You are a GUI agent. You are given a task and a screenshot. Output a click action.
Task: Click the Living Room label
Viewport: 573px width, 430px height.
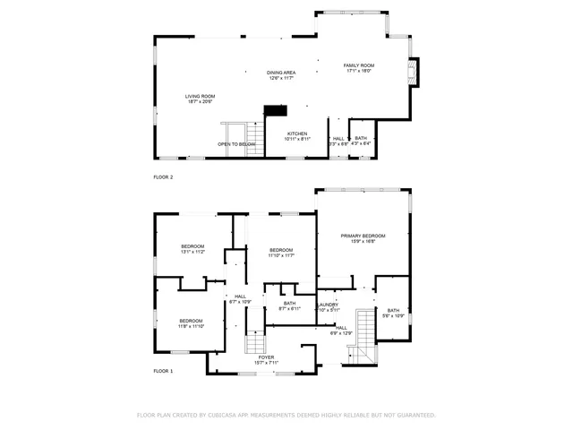(200, 99)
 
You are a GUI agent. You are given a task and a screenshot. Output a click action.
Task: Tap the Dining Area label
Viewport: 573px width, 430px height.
(281, 75)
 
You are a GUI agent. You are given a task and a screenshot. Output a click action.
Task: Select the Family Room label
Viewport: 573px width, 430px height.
(359, 68)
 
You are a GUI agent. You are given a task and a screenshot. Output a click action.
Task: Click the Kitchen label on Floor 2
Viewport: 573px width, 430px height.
(297, 136)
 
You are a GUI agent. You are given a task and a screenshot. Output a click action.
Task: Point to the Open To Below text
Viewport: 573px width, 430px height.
(236, 144)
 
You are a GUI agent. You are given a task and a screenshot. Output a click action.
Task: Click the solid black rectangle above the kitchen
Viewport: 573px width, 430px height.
(275, 110)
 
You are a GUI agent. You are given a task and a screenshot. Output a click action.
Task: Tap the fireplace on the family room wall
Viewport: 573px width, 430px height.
(412, 73)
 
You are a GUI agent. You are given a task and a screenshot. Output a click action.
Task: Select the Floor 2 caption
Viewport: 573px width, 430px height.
(163, 178)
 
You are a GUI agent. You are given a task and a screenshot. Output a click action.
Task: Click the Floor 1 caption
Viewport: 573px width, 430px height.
(163, 370)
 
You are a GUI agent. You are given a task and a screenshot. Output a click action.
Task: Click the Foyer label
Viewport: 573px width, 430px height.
(267, 359)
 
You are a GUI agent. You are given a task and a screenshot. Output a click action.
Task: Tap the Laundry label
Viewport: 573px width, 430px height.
(328, 306)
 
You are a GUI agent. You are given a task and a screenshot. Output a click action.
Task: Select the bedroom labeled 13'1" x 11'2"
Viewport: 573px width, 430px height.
(192, 249)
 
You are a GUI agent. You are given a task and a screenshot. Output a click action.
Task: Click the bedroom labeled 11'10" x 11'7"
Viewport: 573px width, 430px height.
(281, 252)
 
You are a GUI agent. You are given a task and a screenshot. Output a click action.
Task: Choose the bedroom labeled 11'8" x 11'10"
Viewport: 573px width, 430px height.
(192, 323)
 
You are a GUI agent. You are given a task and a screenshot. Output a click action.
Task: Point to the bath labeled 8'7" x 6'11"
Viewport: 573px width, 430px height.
(290, 305)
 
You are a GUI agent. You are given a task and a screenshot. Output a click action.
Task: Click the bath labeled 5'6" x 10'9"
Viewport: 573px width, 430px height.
(393, 313)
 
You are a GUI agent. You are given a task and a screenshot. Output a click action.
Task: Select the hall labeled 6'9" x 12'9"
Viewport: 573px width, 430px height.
(341, 331)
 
